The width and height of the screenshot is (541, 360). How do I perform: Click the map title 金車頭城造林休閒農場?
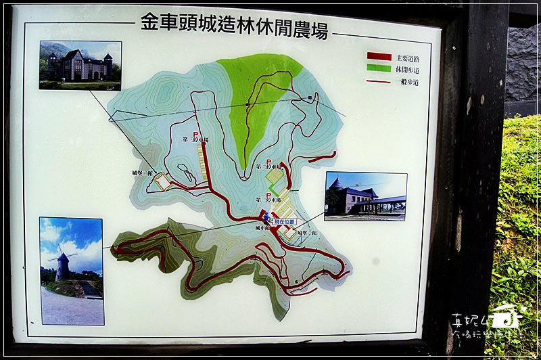(235, 25)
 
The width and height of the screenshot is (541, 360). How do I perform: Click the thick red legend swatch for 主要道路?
(379, 56)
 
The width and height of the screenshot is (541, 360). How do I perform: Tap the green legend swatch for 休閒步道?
(379, 68)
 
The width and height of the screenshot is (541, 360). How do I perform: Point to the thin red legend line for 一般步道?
(379, 81)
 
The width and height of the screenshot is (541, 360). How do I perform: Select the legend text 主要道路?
(408, 57)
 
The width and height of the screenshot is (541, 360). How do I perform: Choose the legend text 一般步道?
(408, 82)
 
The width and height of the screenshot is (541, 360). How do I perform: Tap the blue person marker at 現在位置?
(266, 217)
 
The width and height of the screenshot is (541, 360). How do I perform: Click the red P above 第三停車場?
(195, 133)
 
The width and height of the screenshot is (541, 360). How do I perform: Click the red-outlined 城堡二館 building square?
(289, 233)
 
